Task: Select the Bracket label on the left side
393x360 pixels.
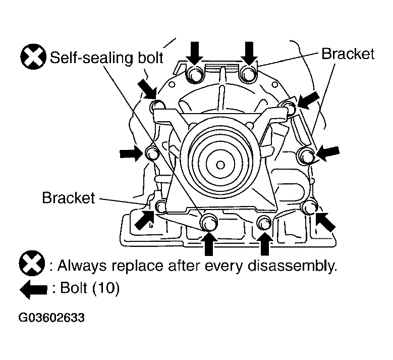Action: click(x=69, y=197)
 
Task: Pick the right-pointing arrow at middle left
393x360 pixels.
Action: click(x=131, y=152)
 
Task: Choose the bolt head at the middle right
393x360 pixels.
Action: click(x=306, y=155)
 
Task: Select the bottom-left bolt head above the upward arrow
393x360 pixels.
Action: click(x=209, y=221)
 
